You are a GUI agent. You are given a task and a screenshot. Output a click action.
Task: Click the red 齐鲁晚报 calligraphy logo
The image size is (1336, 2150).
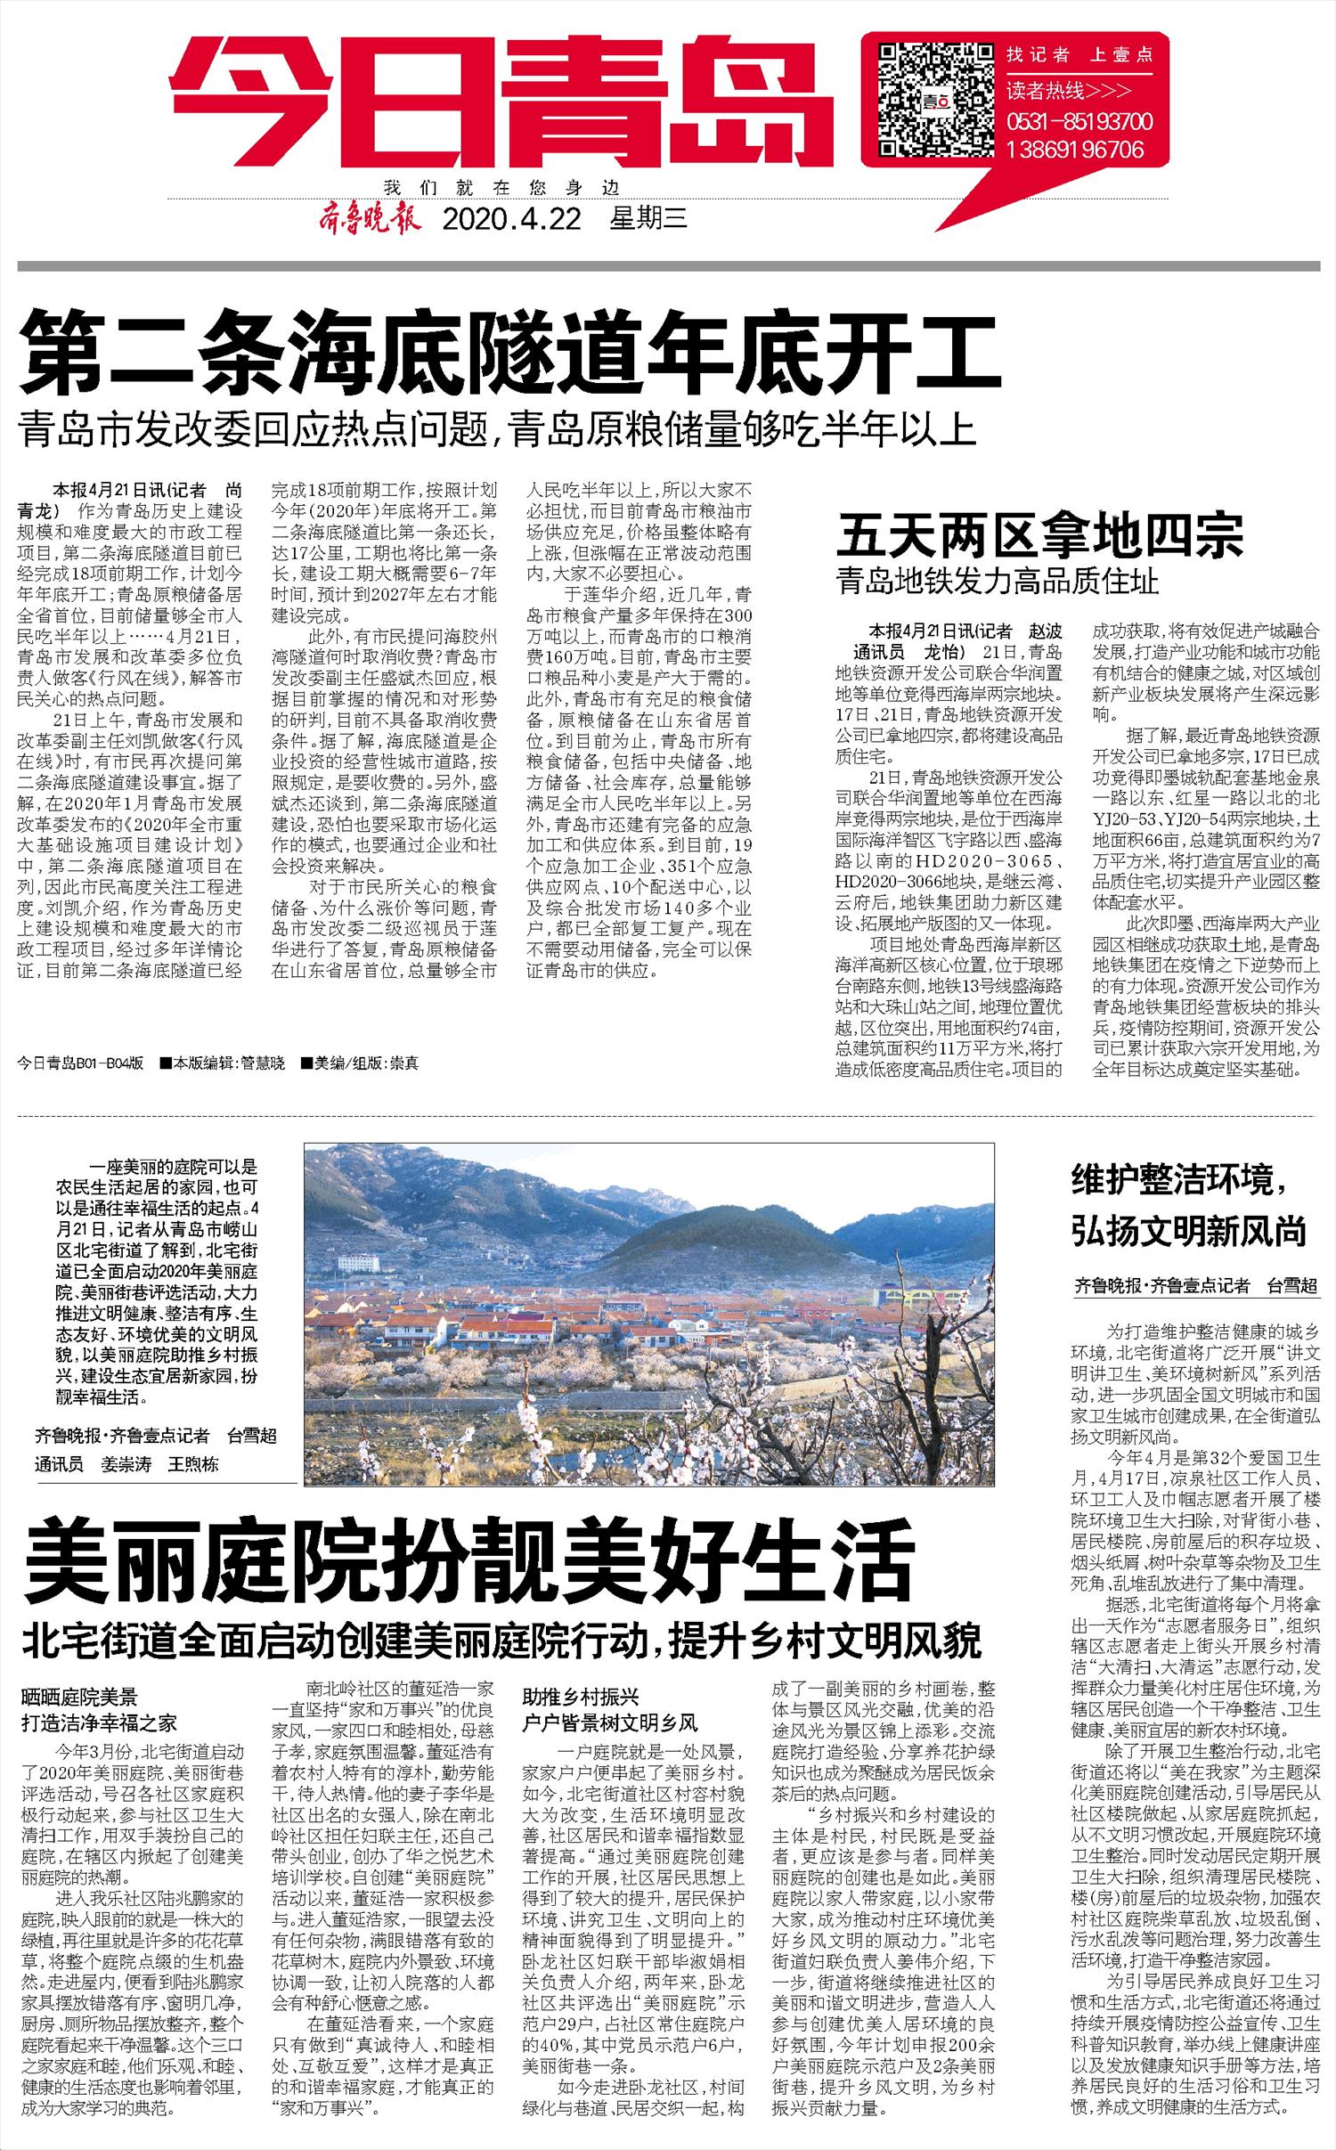point(369,218)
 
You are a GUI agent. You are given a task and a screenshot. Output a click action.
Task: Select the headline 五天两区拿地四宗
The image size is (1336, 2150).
point(1039,537)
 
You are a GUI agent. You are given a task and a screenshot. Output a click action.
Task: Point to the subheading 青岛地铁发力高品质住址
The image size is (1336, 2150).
point(998,582)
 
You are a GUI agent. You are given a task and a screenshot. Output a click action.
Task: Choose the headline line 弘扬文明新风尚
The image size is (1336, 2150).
point(1189,1232)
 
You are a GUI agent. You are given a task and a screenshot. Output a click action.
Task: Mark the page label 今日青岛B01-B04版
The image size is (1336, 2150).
point(80,1063)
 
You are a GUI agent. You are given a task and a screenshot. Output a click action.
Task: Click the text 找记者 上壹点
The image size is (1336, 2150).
point(1079,55)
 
